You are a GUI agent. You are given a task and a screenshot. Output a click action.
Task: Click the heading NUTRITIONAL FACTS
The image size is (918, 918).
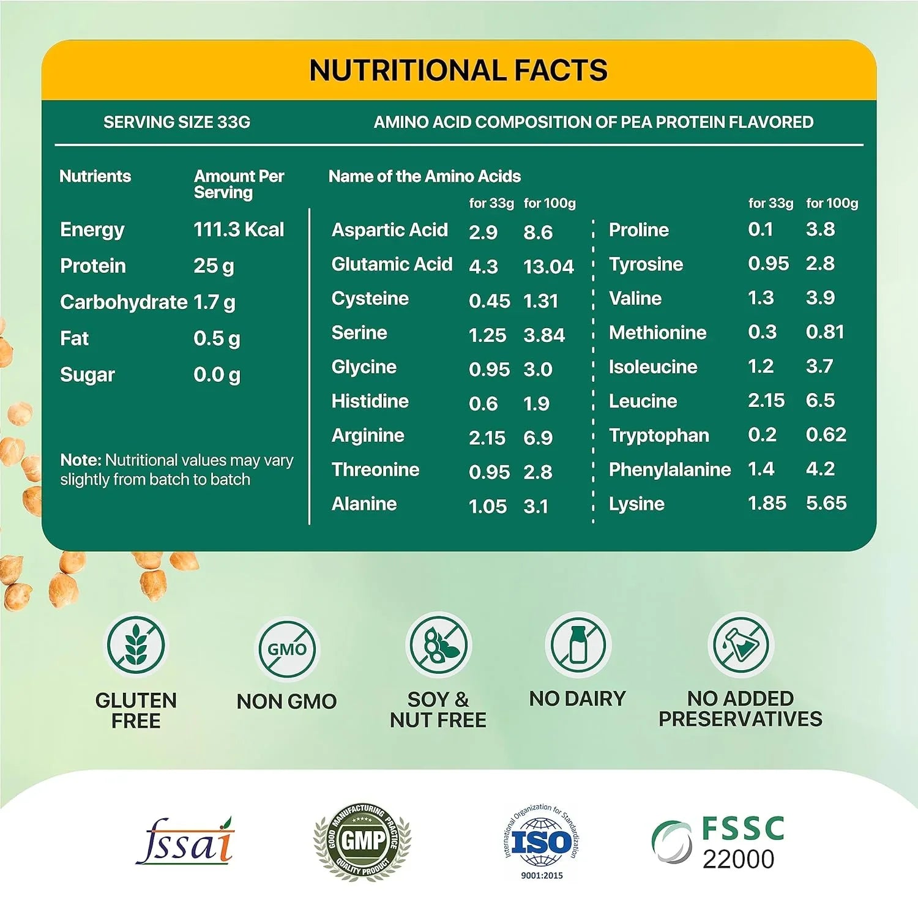click(x=458, y=70)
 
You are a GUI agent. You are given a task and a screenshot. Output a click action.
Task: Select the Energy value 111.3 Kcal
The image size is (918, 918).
click(x=239, y=229)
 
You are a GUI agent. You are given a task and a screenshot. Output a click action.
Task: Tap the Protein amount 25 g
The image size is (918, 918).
click(x=214, y=266)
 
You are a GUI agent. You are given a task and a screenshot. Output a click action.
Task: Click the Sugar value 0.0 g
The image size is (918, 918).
click(x=217, y=375)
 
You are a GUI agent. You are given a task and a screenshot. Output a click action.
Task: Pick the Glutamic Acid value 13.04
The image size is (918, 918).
click(x=548, y=266)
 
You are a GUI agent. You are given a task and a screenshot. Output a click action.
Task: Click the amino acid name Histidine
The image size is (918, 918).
click(x=370, y=401)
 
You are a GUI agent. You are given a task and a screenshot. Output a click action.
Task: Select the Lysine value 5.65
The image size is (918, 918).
click(x=826, y=503)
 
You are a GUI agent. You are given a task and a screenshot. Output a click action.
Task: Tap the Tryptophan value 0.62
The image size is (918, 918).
click(x=826, y=435)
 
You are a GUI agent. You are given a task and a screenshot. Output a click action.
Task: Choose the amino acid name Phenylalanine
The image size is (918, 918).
click(x=670, y=469)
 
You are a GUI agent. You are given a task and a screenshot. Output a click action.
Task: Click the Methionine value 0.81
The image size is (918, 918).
click(x=825, y=332)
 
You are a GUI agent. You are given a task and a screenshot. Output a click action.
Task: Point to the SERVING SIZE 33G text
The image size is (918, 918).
click(x=177, y=122)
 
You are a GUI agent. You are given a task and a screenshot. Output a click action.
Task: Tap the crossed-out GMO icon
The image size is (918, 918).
click(x=286, y=649)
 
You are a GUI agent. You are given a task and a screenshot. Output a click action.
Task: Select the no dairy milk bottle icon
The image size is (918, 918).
click(x=578, y=644)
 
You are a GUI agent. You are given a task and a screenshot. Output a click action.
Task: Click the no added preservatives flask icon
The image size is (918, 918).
click(x=741, y=644)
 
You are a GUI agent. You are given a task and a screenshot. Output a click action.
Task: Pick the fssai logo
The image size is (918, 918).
click(x=185, y=842)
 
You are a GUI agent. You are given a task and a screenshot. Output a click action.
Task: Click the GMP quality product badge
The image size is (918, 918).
click(x=362, y=841)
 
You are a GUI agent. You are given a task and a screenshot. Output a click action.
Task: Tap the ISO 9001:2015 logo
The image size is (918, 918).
click(x=542, y=842)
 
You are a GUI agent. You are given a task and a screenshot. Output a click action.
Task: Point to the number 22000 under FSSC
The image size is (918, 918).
click(x=738, y=859)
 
